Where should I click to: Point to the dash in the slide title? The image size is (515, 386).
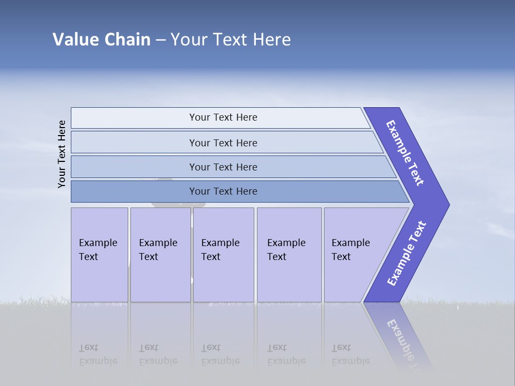pyautogui.click(x=160, y=40)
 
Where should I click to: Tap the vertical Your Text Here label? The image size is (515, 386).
pyautogui.click(x=62, y=154)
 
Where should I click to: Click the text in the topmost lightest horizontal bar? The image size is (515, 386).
pyautogui.click(x=223, y=117)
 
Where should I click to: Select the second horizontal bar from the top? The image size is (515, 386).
pyautogui.click(x=223, y=143)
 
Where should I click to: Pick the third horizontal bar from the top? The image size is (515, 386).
pyautogui.click(x=223, y=167)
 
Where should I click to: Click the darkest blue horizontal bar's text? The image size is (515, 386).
pyautogui.click(x=223, y=191)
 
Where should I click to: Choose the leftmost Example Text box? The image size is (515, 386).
pyautogui.click(x=98, y=250)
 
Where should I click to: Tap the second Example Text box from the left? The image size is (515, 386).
pyautogui.click(x=158, y=250)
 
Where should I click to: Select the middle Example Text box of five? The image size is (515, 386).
pyautogui.click(x=220, y=250)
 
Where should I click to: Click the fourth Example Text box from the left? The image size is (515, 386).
pyautogui.click(x=286, y=250)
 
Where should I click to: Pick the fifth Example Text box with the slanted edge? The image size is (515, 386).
pyautogui.click(x=351, y=250)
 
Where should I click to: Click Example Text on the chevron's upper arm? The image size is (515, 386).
pyautogui.click(x=405, y=153)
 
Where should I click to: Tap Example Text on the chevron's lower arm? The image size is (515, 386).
pyautogui.click(x=407, y=254)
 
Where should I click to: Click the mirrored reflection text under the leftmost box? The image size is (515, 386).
pyautogui.click(x=98, y=354)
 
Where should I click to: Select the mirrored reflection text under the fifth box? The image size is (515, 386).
pyautogui.click(x=351, y=354)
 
